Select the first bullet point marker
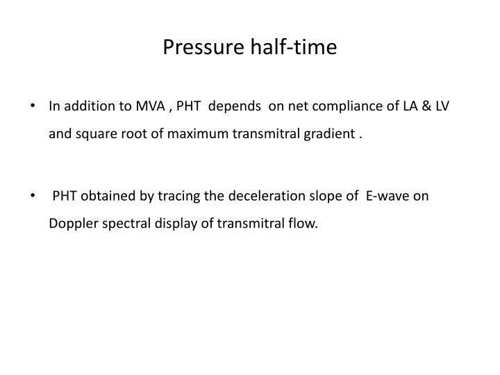point(35,108)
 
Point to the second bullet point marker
point(35,197)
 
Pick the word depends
point(232,107)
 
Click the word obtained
point(110,196)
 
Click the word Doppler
point(71,224)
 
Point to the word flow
point(303,224)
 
